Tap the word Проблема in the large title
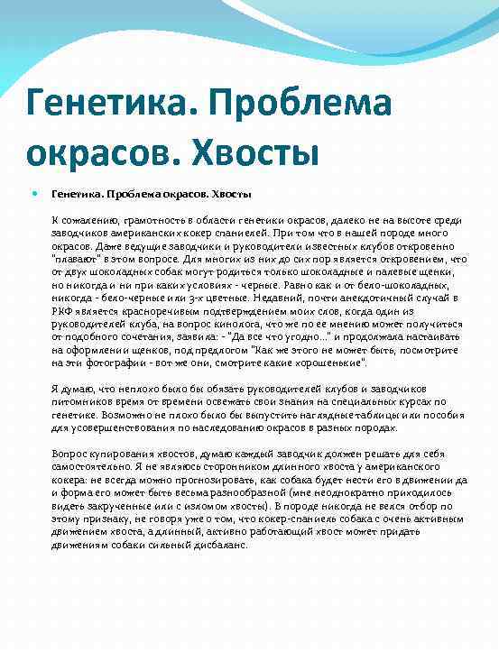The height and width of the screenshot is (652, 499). click(299, 103)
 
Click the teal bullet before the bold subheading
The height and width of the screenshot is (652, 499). click(35, 193)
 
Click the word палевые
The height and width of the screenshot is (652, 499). click(383, 271)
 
